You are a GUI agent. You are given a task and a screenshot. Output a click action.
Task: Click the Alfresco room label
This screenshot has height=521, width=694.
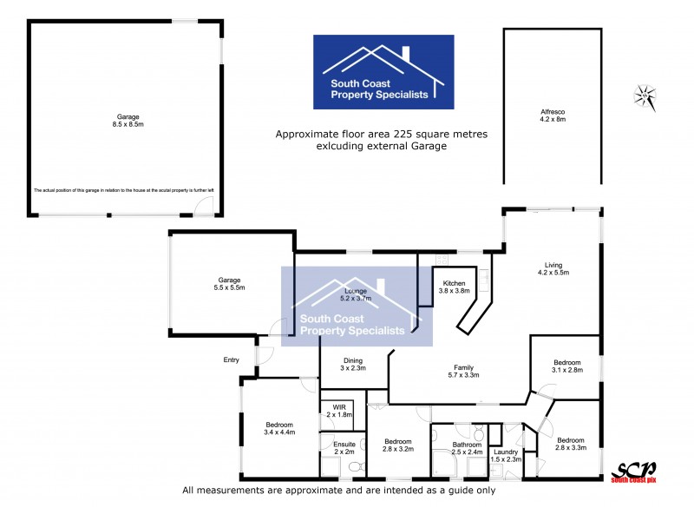(553, 112)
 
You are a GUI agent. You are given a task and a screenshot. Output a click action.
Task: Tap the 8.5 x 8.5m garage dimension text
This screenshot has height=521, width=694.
(128, 123)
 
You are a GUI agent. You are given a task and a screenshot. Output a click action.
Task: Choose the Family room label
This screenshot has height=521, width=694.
(463, 367)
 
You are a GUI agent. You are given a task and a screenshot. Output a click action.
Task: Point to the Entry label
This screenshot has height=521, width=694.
(231, 359)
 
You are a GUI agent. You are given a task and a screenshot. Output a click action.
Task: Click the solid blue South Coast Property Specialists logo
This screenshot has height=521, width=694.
(383, 72)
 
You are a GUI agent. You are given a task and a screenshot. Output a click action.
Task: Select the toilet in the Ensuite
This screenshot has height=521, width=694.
(354, 467)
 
